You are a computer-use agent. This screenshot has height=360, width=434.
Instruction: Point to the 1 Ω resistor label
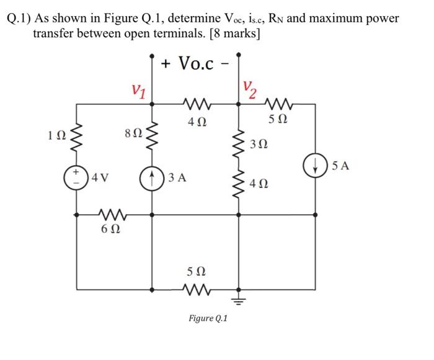(54, 134)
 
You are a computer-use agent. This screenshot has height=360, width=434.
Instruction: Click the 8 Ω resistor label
(133, 133)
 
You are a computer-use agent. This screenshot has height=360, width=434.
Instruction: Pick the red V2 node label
(249, 87)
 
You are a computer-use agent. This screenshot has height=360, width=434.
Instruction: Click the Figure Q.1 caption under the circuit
(208, 318)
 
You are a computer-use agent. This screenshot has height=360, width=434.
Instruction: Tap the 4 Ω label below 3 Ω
(262, 184)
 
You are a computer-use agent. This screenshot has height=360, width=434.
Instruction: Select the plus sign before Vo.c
(167, 64)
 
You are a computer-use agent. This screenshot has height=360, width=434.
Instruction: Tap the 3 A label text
(178, 176)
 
